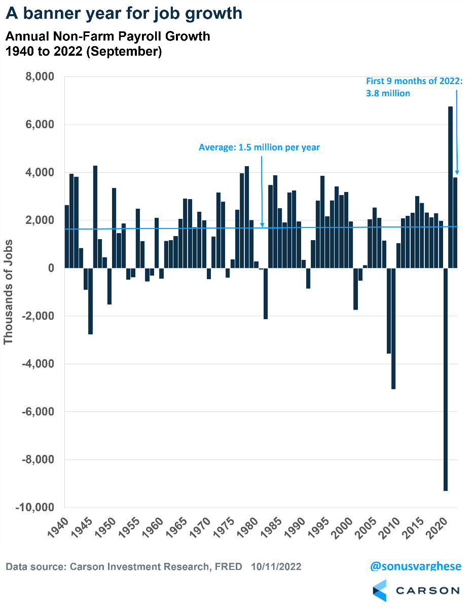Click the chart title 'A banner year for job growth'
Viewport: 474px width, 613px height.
pyautogui.click(x=124, y=13)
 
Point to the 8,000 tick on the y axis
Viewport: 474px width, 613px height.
pyautogui.click(x=40, y=77)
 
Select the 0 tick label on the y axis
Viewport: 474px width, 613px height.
pyautogui.click(x=51, y=268)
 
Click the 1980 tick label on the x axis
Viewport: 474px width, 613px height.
pyautogui.click(x=249, y=528)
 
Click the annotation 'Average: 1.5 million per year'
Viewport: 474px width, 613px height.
pyautogui.click(x=259, y=147)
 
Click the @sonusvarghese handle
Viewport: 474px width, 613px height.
pyautogui.click(x=416, y=566)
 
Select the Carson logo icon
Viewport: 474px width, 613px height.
pyautogui.click(x=380, y=590)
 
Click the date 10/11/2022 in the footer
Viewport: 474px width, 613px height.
pyautogui.click(x=276, y=566)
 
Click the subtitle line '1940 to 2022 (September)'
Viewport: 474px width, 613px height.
pyautogui.click(x=84, y=52)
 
